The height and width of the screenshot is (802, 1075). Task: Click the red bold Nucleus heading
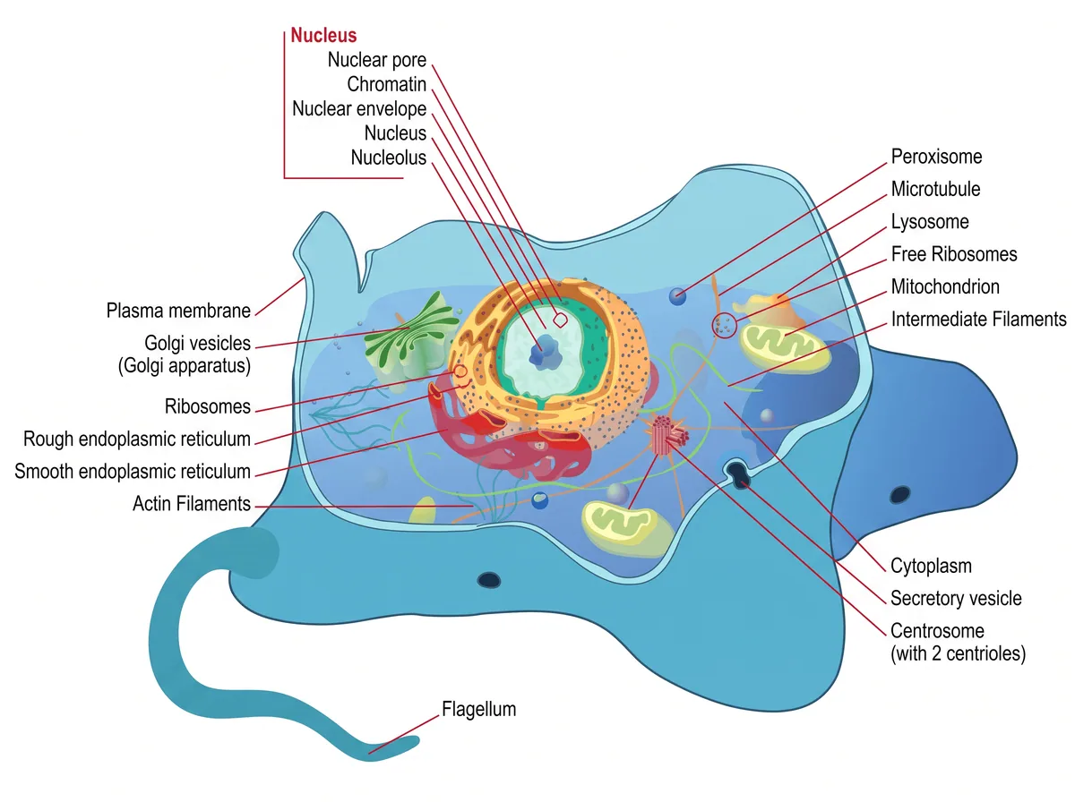(x=323, y=35)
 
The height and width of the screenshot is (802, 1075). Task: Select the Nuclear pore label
(x=376, y=60)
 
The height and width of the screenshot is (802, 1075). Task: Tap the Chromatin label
(x=386, y=84)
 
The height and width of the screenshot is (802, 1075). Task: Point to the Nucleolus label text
(x=389, y=158)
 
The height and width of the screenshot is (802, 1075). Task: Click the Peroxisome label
(x=936, y=157)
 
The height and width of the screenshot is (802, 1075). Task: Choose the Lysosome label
(x=930, y=222)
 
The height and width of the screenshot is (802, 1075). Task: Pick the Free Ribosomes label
(x=953, y=254)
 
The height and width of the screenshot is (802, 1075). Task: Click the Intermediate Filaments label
(x=978, y=319)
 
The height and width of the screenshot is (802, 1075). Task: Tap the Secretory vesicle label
(x=956, y=599)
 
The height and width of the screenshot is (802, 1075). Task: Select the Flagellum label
(x=478, y=709)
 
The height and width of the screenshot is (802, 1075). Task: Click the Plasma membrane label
(x=178, y=311)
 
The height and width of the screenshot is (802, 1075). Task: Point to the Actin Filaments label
(x=192, y=504)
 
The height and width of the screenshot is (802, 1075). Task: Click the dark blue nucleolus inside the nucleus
(x=545, y=352)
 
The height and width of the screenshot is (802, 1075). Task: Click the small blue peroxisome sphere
(x=677, y=296)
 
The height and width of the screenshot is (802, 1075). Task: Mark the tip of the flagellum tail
(x=417, y=742)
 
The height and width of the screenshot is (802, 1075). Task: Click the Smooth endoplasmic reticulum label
(x=133, y=471)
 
